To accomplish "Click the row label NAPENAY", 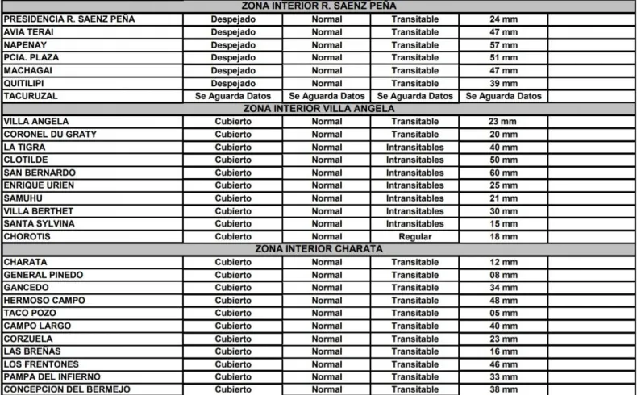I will [x=28, y=45].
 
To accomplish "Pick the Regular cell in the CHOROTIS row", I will [x=414, y=237].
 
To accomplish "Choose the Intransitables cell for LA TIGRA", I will [x=414, y=148].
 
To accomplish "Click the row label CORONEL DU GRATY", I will [x=50, y=135].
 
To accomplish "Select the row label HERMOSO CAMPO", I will [x=44, y=301].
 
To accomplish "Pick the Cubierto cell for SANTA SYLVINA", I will [x=233, y=224].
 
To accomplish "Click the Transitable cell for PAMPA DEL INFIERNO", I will [x=414, y=376].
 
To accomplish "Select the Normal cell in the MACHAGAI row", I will [x=327, y=71].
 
